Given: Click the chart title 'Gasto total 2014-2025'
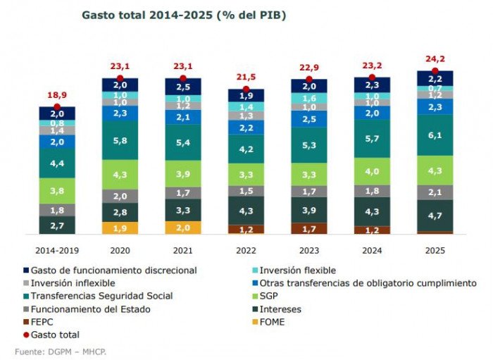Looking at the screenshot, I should (184, 14).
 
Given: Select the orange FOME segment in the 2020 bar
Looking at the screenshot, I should (120, 228).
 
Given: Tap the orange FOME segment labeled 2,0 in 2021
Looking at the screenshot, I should (182, 228).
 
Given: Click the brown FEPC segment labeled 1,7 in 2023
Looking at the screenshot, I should (308, 228).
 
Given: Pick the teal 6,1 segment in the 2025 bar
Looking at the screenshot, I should (435, 135).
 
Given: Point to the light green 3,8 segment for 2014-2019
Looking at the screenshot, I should (57, 190).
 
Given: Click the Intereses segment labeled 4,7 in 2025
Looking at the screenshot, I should (435, 216).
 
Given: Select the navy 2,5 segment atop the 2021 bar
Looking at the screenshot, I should (182, 86).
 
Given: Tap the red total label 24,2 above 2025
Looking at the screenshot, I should (435, 59).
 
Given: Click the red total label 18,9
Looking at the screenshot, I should (57, 95).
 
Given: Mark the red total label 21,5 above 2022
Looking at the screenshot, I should (246, 77).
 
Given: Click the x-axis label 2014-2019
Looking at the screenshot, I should (57, 250).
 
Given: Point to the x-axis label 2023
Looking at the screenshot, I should (308, 250).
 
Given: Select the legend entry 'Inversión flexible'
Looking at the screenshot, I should (297, 271).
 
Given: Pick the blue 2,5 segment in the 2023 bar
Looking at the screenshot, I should (308, 119).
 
